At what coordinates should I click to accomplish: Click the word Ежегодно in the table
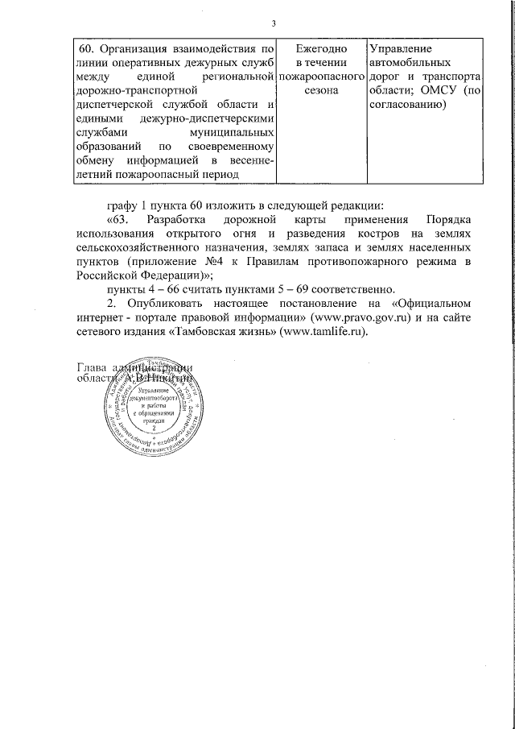[x=320, y=48]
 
